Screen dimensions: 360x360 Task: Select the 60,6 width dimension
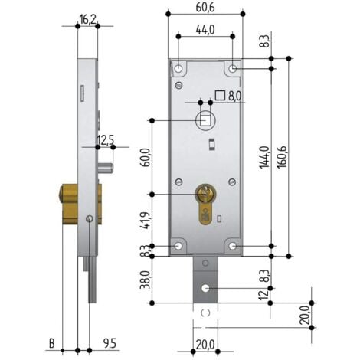205,8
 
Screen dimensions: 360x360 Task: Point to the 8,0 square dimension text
234,96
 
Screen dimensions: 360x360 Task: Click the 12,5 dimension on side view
106,139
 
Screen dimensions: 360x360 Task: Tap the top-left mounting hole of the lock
178,69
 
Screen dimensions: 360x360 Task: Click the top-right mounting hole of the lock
232,69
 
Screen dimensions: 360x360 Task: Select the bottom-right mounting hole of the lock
232,246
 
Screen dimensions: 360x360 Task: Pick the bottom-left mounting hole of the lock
178,246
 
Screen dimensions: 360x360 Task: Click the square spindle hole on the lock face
205,121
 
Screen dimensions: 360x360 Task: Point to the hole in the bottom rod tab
205,289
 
